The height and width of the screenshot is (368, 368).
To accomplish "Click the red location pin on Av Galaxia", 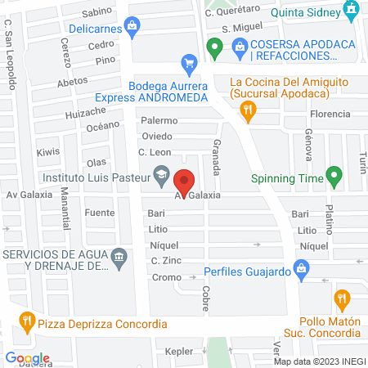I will point(185,180).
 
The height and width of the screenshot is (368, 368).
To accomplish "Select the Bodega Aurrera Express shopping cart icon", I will point(190,62).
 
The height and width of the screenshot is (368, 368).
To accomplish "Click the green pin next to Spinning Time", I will point(333,174).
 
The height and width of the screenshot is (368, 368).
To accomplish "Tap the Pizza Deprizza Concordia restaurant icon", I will point(27,320).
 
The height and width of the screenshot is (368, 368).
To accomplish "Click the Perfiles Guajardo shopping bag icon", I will point(301,267).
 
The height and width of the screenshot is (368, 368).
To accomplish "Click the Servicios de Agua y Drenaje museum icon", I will point(119,258).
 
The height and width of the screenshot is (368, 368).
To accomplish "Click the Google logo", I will point(28,357).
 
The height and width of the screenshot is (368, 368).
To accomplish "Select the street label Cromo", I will point(166,277).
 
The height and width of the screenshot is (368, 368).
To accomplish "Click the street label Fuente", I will point(99,213).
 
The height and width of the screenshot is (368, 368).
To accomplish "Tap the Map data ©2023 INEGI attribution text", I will point(319,361).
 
